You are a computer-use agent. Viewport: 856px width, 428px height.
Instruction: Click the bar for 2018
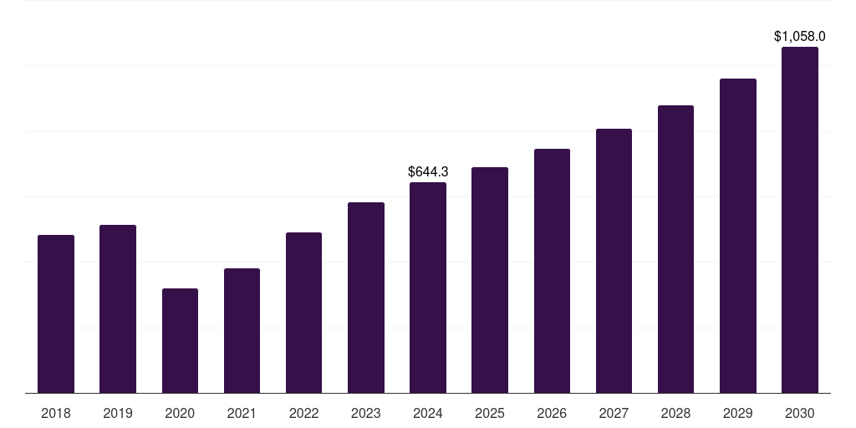56,313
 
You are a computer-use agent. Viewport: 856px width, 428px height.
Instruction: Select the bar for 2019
118,308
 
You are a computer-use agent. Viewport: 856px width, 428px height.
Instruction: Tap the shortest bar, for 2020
180,340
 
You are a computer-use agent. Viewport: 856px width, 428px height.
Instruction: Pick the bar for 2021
242,330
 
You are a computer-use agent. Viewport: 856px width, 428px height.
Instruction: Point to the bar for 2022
303,313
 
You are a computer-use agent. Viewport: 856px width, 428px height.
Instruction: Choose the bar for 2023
366,298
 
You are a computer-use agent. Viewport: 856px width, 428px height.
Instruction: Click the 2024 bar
428,288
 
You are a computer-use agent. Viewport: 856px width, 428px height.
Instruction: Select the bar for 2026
552,271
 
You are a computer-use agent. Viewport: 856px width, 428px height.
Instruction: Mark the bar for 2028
675,249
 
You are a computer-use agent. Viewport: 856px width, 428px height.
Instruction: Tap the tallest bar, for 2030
800,220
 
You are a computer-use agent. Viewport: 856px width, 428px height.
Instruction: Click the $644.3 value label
428,171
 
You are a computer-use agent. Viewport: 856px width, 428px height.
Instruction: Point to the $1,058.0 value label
800,36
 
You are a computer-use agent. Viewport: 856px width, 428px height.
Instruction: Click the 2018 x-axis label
56,413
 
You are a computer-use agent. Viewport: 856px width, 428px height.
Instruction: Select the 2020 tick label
180,413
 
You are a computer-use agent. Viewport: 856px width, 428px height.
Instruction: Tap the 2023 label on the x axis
366,413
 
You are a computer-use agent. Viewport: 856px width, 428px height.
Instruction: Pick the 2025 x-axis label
490,413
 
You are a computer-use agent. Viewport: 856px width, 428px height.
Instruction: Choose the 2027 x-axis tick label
614,413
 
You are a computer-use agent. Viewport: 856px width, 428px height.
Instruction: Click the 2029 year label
738,413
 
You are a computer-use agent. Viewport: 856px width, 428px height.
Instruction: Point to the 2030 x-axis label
800,413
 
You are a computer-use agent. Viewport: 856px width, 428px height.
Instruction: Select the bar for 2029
738,236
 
